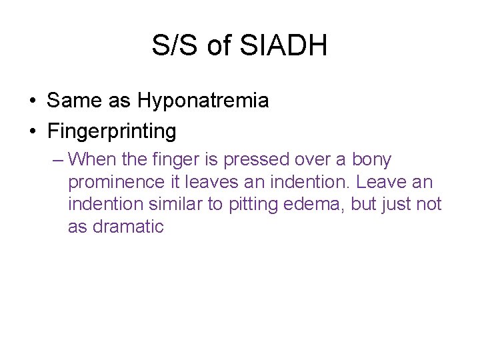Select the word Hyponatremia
[x=203, y=101]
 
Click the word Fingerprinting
[x=112, y=131]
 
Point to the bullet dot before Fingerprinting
[x=33, y=131]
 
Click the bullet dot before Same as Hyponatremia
[x=33, y=101]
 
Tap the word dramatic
[x=128, y=227]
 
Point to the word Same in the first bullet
[x=69, y=101]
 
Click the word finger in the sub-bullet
[x=171, y=160]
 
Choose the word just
[x=399, y=204]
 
